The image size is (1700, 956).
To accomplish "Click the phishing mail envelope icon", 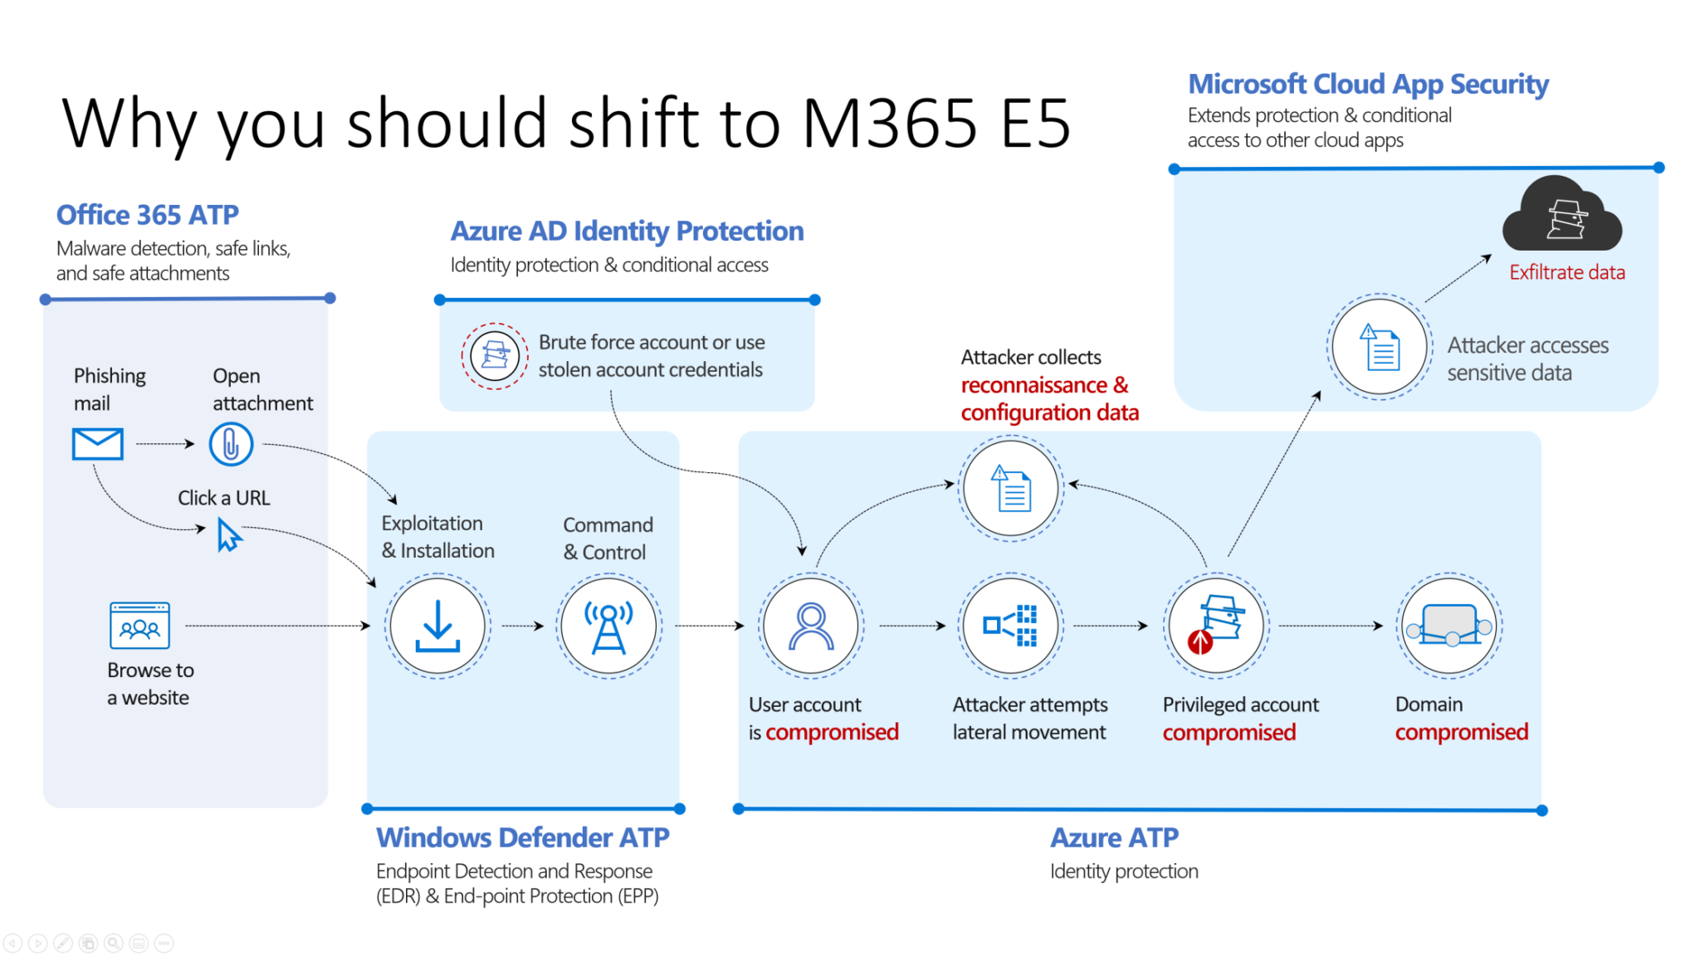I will pos(97,443).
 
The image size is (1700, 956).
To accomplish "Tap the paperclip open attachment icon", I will pos(231,444).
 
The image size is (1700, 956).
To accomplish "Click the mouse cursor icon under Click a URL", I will pos(228,535).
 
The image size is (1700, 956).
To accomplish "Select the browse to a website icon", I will pos(139,626).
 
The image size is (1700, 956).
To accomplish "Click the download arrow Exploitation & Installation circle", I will pos(437,626).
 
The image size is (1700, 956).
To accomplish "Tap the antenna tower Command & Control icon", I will pos(608,626).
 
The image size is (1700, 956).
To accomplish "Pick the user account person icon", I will pos(811,626).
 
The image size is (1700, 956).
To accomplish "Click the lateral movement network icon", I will pos(1010,626).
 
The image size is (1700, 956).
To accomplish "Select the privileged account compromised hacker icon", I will pos(1216,626).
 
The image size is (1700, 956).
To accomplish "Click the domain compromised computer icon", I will pos(1449,626).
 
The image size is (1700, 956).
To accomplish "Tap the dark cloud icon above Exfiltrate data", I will pos(1562,216).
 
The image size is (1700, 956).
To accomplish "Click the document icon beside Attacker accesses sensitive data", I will pos(1380,347).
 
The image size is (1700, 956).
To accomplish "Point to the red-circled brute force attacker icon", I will pos(495,356).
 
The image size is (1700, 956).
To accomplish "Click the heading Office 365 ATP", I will pos(148,215).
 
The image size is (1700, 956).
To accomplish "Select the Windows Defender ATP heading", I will pos(522,837).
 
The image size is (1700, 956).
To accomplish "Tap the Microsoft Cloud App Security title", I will pos(1368,84).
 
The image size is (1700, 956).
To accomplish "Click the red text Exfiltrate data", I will pos(1566,272).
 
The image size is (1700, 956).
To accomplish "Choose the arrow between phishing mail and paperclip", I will pos(165,444).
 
